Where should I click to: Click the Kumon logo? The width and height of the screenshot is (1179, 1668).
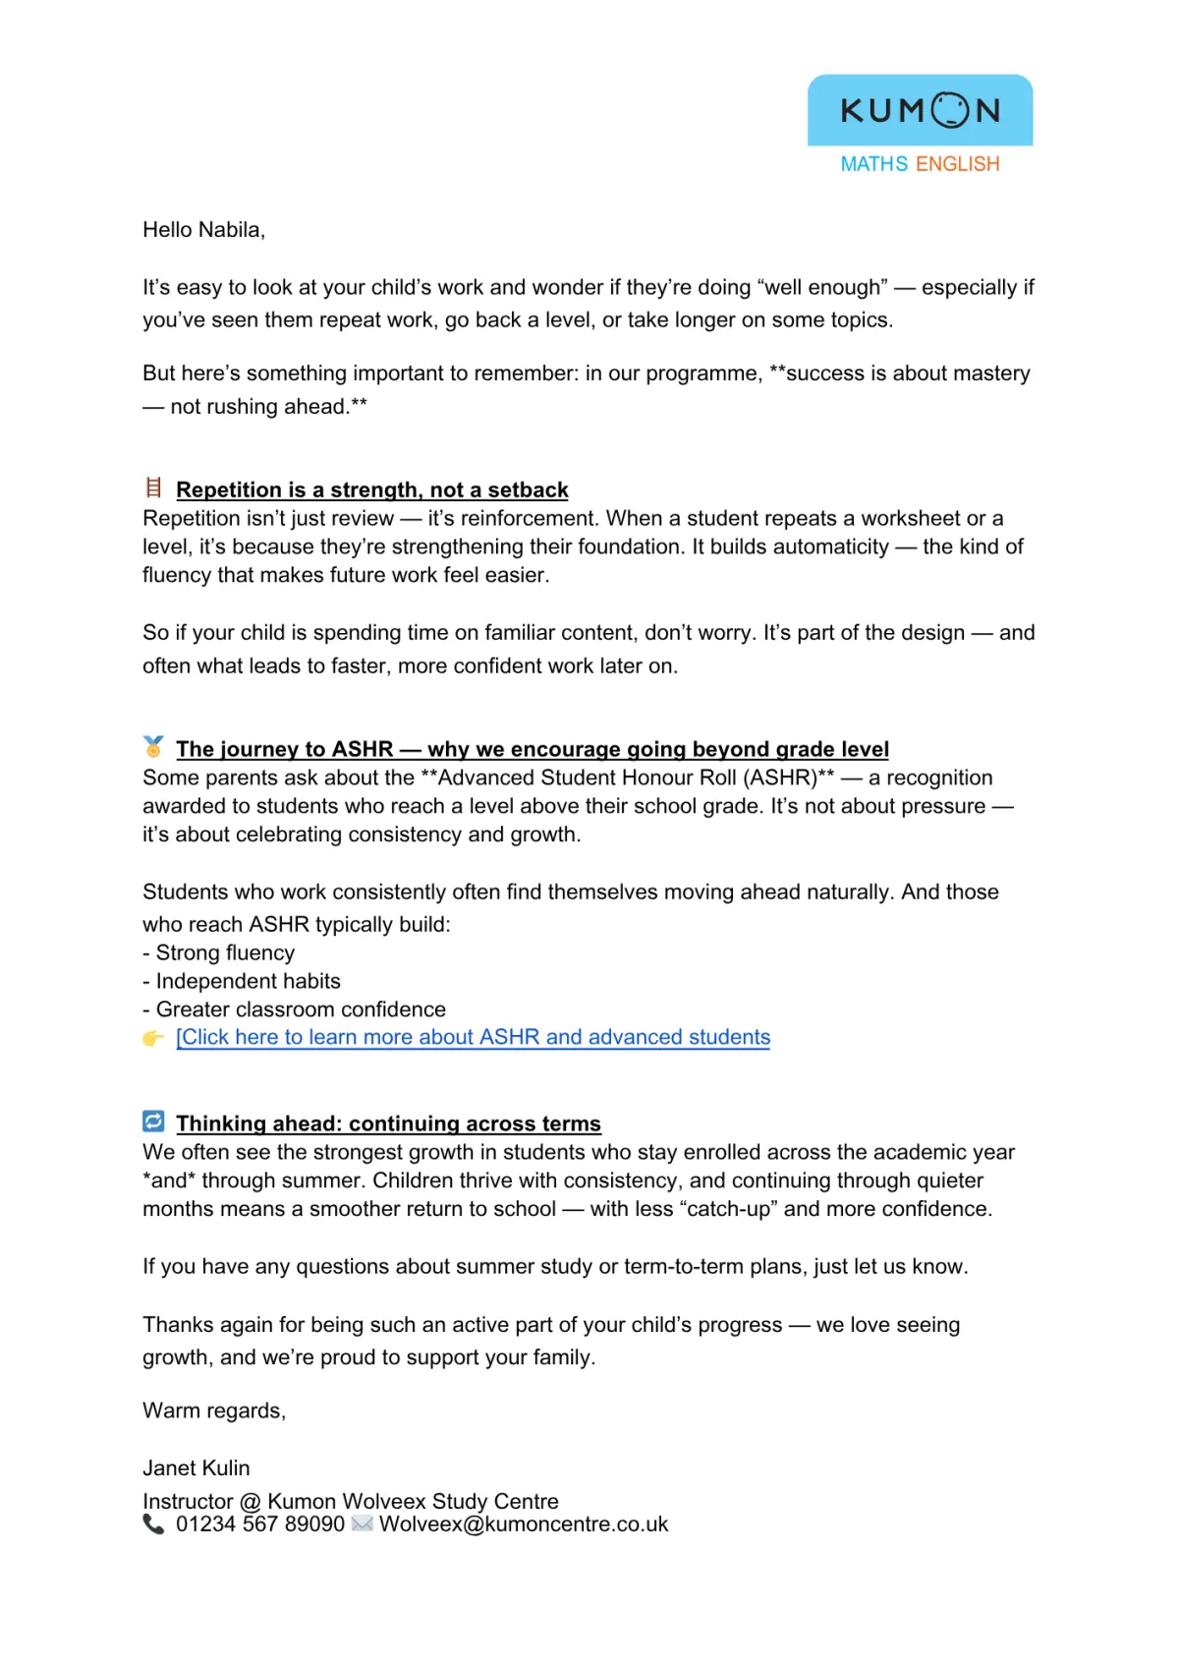(920, 110)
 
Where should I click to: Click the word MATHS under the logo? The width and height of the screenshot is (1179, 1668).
(873, 164)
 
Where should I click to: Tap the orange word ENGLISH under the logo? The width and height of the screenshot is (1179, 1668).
(957, 164)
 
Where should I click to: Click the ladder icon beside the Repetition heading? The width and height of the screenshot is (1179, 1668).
(153, 488)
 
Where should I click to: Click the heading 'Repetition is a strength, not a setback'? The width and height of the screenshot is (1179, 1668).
(371, 489)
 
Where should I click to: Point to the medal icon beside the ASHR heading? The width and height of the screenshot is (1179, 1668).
(153, 747)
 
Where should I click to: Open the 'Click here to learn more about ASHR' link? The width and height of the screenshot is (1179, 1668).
(473, 1037)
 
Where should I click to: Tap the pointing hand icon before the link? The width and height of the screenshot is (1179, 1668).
(153, 1038)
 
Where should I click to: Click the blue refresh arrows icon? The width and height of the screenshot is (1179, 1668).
(153, 1122)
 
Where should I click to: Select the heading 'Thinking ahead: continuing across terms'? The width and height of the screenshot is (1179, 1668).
(388, 1123)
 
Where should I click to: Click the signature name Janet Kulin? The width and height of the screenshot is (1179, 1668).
(196, 1467)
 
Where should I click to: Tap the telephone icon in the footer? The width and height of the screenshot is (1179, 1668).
(153, 1524)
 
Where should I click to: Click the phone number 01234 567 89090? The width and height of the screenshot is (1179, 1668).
(260, 1524)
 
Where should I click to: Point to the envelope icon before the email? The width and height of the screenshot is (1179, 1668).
(362, 1524)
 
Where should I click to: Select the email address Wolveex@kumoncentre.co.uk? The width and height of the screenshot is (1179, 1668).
(524, 1524)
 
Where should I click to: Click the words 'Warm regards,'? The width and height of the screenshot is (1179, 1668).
(214, 1410)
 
